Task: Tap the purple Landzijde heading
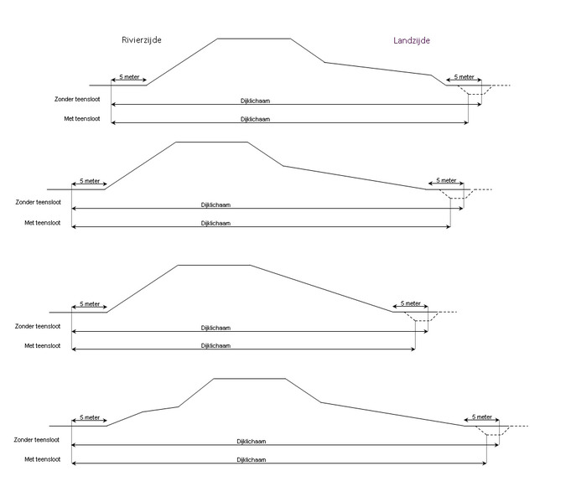412,40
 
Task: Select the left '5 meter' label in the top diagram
129,76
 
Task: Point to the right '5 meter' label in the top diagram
465,76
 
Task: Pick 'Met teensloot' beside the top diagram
82,119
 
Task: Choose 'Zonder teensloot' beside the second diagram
38,202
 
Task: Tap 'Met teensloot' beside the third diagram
42,345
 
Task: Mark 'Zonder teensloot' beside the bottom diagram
38,439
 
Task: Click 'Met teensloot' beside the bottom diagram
42,459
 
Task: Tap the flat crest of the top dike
254,39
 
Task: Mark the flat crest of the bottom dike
250,379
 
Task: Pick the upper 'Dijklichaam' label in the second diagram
215,204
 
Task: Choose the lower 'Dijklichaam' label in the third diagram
215,345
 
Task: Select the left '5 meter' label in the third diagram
89,303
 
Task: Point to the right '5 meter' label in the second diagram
446,180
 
